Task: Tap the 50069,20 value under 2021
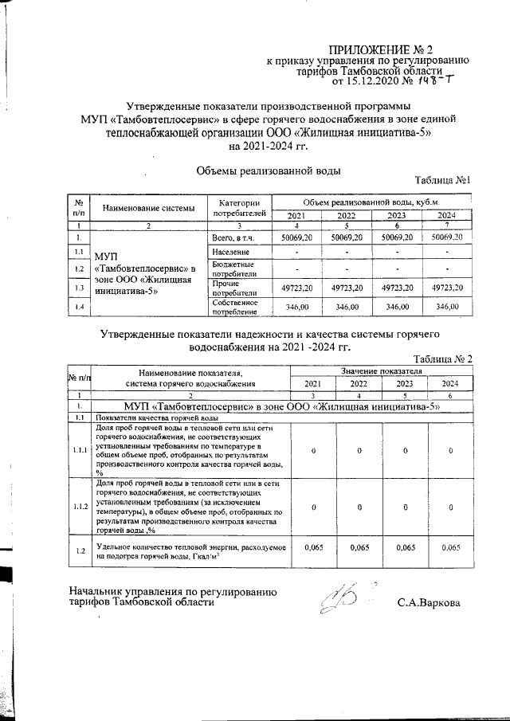(x=296, y=237)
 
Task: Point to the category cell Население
(x=230, y=253)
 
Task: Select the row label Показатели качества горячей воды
(x=155, y=417)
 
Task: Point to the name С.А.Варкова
(x=429, y=603)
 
